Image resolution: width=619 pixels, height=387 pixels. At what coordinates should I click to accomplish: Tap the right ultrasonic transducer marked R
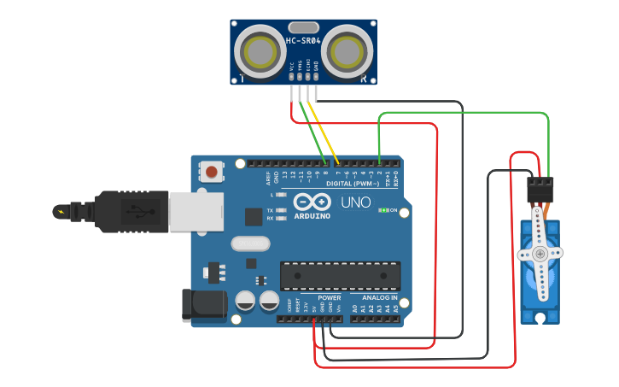tap(348, 52)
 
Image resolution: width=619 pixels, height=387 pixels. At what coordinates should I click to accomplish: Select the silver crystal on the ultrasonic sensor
tap(303, 27)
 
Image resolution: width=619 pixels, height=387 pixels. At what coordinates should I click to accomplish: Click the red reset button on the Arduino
tap(212, 172)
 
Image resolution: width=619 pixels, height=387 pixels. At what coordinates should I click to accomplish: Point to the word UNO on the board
tap(355, 202)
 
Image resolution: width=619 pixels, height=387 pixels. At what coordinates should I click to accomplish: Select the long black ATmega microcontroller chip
tap(340, 275)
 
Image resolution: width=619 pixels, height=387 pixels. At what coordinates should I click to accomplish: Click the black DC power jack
tap(203, 306)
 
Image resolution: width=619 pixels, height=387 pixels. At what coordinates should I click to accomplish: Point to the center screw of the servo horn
tap(540, 254)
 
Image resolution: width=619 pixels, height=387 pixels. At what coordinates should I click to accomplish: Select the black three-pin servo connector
tap(540, 189)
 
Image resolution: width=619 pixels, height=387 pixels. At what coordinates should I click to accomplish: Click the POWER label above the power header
tap(317, 298)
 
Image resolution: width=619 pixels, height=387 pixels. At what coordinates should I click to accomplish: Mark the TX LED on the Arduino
tap(281, 210)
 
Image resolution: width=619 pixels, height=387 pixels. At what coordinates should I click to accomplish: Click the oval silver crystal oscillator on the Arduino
tap(250, 243)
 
